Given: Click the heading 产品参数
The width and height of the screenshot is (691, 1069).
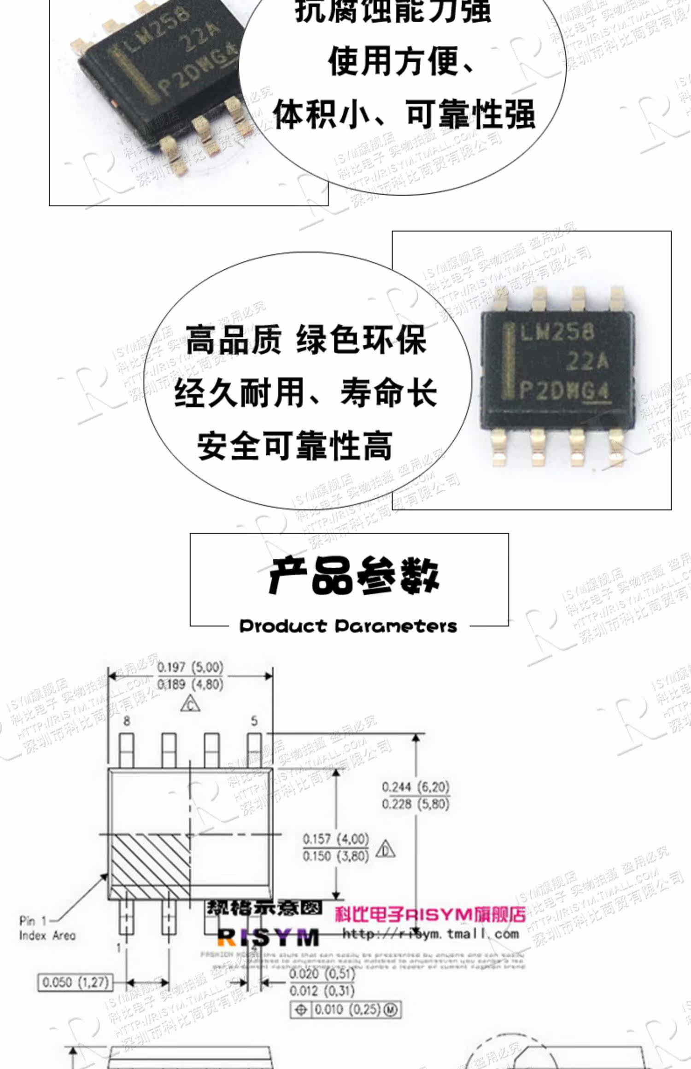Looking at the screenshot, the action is click(x=353, y=575).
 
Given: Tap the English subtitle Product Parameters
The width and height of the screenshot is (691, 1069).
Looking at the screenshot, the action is click(x=348, y=626).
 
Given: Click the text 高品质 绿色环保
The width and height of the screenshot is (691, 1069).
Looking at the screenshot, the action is click(x=306, y=340).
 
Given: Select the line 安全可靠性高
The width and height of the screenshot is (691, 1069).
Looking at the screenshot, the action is click(x=295, y=445).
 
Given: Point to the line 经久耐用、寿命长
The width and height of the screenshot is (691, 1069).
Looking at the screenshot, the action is click(x=305, y=393).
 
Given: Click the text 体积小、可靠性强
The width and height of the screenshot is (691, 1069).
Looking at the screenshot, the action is click(x=404, y=114).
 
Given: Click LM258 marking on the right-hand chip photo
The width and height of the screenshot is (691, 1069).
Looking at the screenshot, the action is click(x=556, y=331).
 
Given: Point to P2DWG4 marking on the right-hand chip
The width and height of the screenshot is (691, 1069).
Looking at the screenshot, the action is click(x=565, y=391).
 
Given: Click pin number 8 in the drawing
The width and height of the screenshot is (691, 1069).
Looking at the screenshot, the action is click(x=127, y=721).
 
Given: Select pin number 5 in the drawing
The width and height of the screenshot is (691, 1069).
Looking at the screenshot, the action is click(x=254, y=721).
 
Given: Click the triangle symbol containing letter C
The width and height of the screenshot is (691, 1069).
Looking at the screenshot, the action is click(x=190, y=704).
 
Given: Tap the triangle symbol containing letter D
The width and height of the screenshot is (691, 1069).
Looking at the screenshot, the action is click(x=385, y=849).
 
